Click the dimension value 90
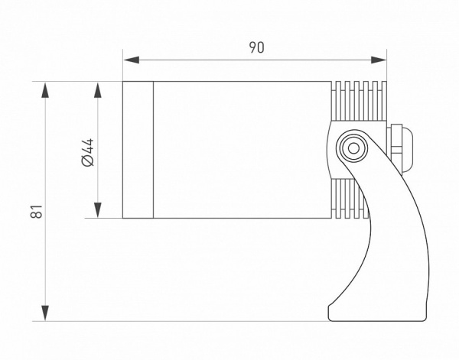tap(256, 47)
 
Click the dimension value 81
tap(37, 211)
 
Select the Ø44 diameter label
tap(88, 152)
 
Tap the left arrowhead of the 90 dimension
tap(132, 60)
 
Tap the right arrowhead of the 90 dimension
tap(379, 60)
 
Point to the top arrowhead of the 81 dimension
tap(45, 90)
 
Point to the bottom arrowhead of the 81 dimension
tap(45, 313)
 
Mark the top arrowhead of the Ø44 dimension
tap(98, 90)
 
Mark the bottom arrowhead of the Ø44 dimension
tap(98, 210)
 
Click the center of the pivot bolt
tap(353, 148)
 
